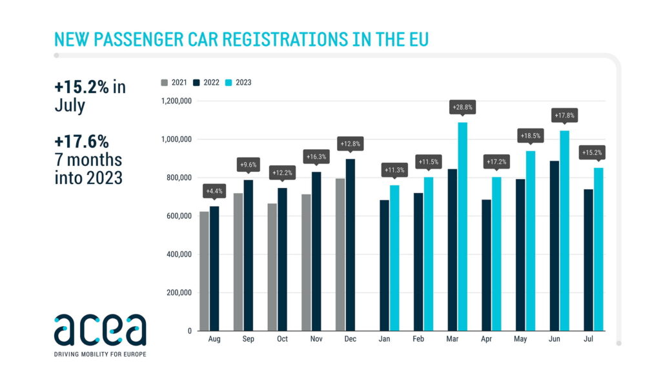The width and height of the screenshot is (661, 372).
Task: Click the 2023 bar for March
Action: (x=463, y=226)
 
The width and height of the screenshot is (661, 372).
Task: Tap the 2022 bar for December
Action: (x=351, y=245)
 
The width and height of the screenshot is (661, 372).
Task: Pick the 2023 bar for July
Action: (x=599, y=249)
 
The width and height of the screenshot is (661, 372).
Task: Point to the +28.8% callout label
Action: (x=463, y=108)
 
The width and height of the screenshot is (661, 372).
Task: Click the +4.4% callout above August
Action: (x=214, y=191)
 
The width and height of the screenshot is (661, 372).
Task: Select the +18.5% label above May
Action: (x=531, y=136)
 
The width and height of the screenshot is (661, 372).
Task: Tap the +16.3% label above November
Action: (x=316, y=156)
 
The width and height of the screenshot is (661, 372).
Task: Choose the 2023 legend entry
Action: (x=239, y=83)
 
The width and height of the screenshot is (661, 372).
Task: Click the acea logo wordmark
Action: (x=100, y=331)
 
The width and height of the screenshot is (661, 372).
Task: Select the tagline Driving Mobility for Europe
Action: (x=100, y=354)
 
